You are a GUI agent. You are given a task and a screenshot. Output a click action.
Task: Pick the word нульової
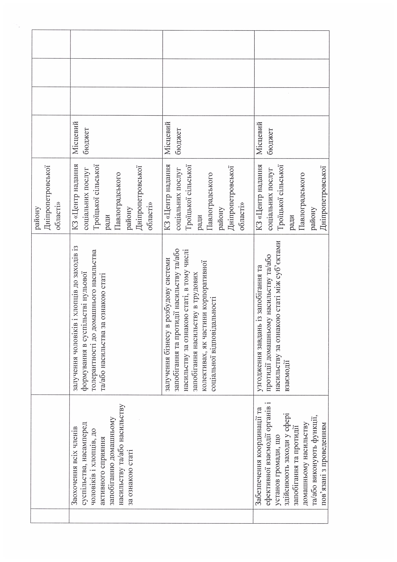coord(84,281)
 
